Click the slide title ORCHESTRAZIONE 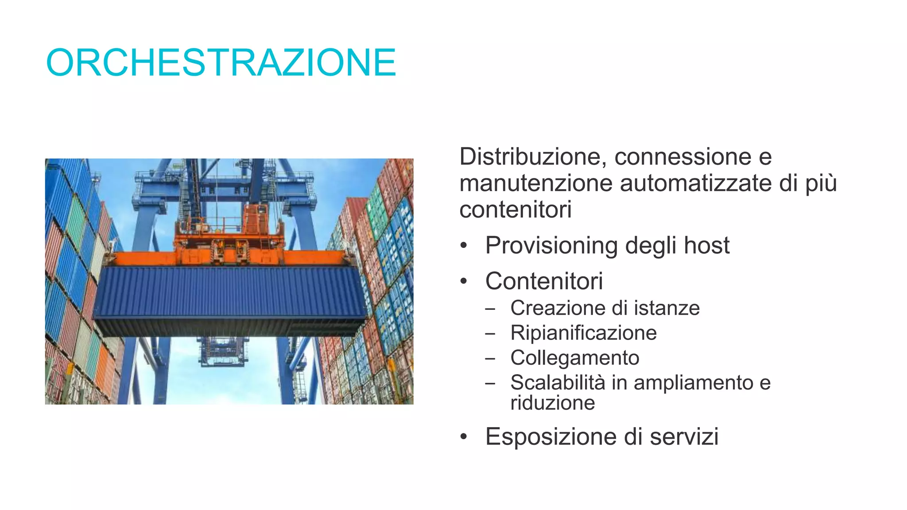(221, 62)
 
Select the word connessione (682, 157)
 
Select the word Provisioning (551, 246)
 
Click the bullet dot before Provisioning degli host (463, 246)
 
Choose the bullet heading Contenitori (544, 281)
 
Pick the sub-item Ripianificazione (583, 333)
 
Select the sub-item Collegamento (574, 358)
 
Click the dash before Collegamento (490, 359)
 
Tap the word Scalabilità (557, 382)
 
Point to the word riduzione (552, 403)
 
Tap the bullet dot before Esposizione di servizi (463, 437)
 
